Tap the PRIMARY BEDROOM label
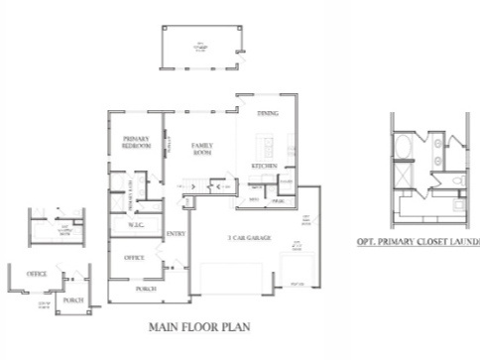pos(137,142)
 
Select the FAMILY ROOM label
pos(203,150)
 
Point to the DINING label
pos(267,114)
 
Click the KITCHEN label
pos(263,165)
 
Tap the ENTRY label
pos(177,233)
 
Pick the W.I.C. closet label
pos(136,224)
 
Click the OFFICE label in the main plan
pos(135,257)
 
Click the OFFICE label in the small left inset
pos(37,273)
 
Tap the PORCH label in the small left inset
pos(72,298)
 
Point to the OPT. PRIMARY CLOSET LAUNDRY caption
pos(418,241)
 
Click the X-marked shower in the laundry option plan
pos(403,182)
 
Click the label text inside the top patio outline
pos(201,45)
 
